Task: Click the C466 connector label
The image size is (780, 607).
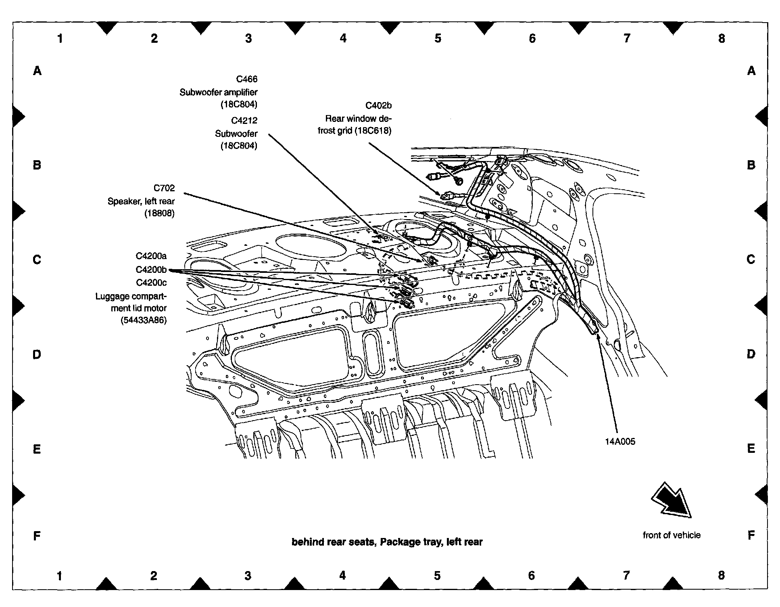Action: pos(246,79)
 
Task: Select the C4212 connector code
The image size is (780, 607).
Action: pos(244,120)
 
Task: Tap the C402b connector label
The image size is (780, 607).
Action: pos(378,106)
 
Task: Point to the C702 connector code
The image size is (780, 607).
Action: pos(164,188)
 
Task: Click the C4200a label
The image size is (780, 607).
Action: pos(151,256)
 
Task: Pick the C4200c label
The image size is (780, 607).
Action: pos(151,283)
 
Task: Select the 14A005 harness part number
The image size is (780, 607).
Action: pos(620,442)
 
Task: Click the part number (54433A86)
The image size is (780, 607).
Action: pos(143,321)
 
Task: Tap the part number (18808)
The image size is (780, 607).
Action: pos(159,213)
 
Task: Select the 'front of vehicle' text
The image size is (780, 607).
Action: pos(672,535)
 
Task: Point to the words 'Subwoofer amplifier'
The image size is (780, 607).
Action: pos(218,92)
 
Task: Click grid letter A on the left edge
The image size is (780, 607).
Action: pos(37,71)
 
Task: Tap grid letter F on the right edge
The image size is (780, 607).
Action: pos(751,536)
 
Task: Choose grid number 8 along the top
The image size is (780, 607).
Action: pos(722,38)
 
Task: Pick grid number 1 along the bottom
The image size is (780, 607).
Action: pos(59,576)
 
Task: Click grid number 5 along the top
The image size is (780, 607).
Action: pos(438,38)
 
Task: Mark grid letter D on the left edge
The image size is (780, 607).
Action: pos(37,355)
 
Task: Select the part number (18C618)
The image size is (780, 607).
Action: pos(373,131)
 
